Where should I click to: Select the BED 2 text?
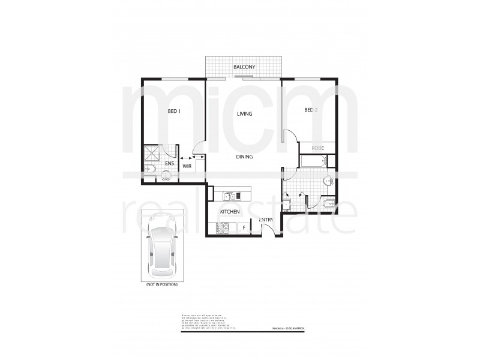click(310, 110)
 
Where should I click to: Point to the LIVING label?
click(244, 113)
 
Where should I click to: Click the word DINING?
click(244, 157)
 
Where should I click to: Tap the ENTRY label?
click(266, 221)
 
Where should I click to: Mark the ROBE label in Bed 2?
click(318, 148)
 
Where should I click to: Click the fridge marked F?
click(244, 227)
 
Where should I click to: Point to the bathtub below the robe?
click(311, 161)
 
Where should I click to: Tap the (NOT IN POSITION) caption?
click(161, 285)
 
